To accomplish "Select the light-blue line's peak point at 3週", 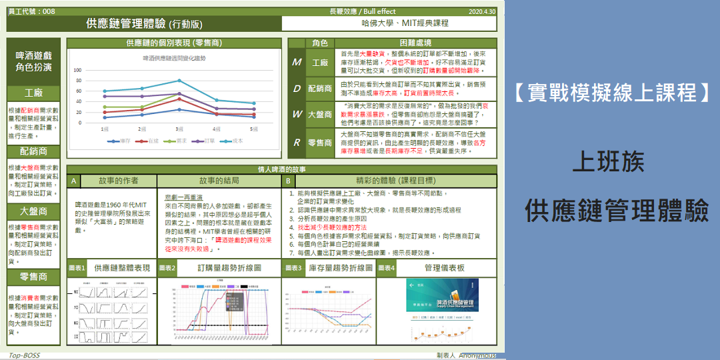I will point(179,81).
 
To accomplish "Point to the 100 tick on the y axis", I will point(77,69).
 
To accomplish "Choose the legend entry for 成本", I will point(234,141).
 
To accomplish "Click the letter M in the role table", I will point(297,62).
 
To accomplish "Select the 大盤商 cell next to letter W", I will point(320,114).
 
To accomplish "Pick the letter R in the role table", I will point(297,142).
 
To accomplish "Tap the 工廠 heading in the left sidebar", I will point(33,93).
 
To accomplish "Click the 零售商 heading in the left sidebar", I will point(33,277).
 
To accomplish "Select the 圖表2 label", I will point(167,268).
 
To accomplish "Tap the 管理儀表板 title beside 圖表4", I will point(444,268).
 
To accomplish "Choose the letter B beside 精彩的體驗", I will point(288,181).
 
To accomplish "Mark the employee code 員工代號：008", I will point(32,11).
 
